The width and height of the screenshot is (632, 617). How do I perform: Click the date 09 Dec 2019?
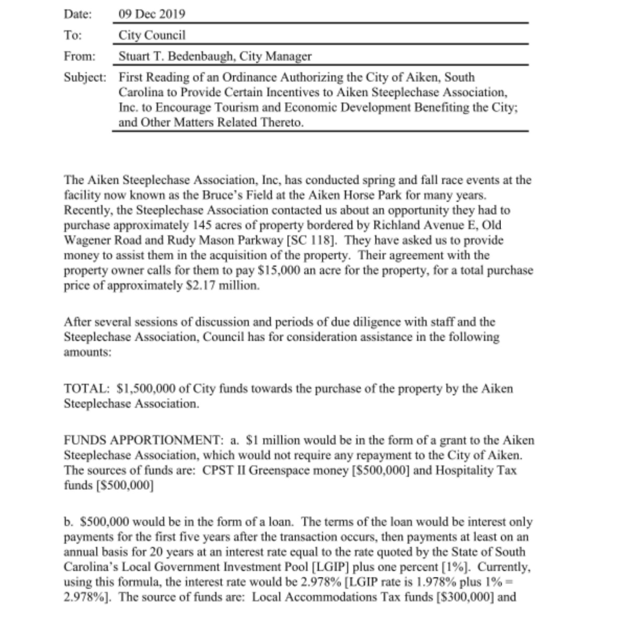click(152, 14)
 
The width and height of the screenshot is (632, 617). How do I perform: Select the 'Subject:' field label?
click(85, 77)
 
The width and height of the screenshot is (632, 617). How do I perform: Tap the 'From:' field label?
click(79, 56)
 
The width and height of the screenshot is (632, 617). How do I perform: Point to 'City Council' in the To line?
click(152, 35)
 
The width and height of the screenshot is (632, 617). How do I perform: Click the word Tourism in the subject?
click(239, 108)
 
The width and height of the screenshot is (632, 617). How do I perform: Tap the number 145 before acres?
click(201, 225)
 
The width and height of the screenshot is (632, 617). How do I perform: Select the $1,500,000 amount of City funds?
click(147, 389)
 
